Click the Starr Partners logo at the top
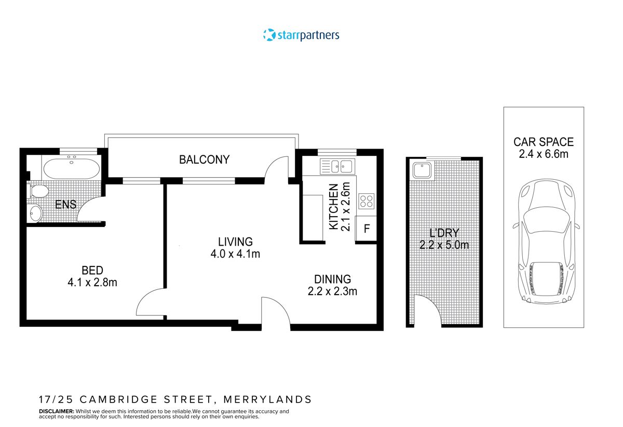tap(301, 35)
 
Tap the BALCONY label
tap(204, 159)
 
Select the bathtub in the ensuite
tap(71, 168)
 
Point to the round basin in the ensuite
tap(35, 212)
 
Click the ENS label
tap(66, 205)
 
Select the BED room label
tap(92, 270)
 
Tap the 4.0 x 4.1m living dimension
tap(235, 254)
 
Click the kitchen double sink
tap(336, 167)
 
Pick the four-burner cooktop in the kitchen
tap(367, 201)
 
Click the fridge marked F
tap(367, 229)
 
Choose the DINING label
tap(332, 279)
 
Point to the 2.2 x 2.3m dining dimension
tap(332, 291)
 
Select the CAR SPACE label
tap(544, 142)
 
